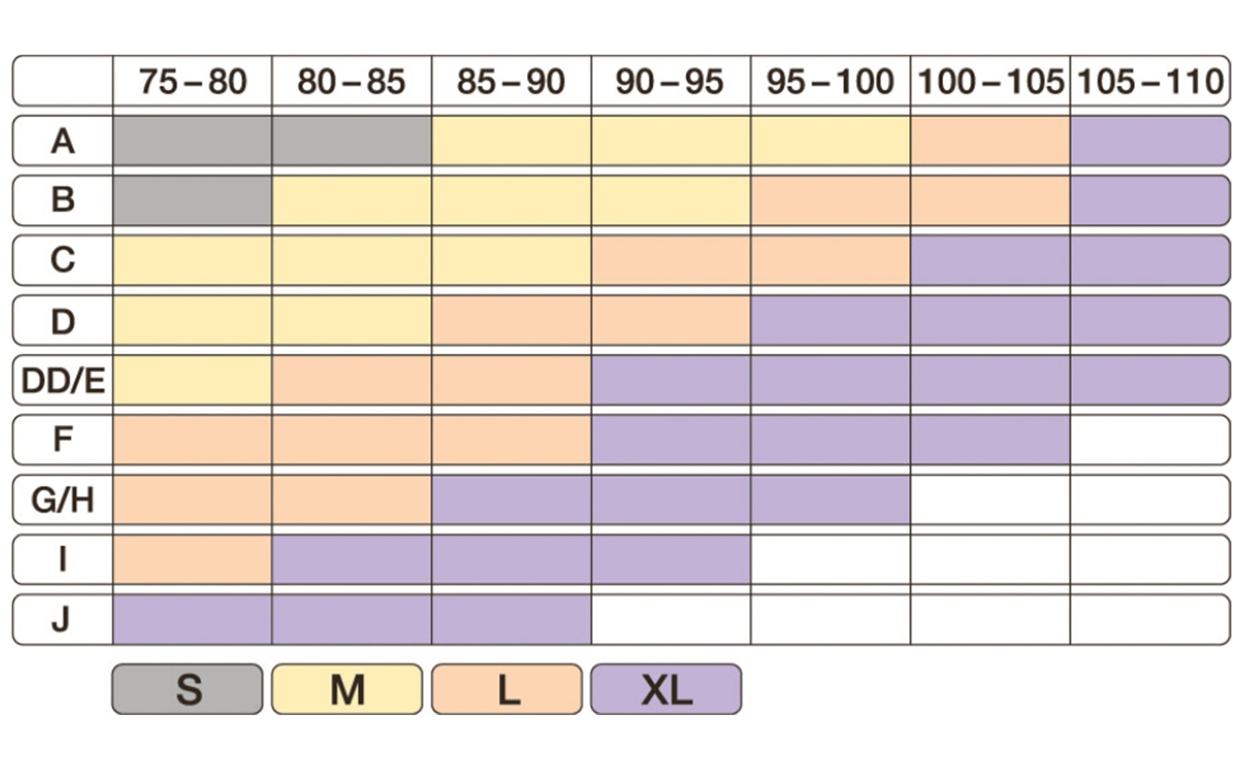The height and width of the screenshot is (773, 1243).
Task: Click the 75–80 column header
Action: (x=192, y=81)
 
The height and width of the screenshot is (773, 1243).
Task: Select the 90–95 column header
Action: (x=670, y=81)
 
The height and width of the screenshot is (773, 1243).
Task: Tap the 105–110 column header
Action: (x=1150, y=81)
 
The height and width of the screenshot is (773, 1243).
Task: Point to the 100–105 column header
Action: (x=990, y=81)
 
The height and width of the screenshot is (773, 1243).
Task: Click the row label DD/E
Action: (x=63, y=380)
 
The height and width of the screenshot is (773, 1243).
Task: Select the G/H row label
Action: (x=63, y=500)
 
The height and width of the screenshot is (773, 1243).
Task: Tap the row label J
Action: (x=63, y=619)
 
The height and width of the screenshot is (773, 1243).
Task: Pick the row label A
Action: (x=63, y=141)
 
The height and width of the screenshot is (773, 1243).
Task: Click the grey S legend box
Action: (x=187, y=688)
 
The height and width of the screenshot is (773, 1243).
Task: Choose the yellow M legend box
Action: (x=347, y=688)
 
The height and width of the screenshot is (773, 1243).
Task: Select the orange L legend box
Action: (x=507, y=688)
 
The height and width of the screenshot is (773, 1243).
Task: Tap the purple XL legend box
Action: (x=666, y=688)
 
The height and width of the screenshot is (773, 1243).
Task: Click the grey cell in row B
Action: (x=192, y=200)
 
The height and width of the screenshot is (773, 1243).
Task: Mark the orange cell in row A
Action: (x=990, y=141)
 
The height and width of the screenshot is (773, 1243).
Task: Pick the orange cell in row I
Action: (x=192, y=559)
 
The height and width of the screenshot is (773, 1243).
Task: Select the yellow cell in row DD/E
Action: (x=192, y=380)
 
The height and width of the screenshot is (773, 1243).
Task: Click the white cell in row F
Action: (x=1150, y=440)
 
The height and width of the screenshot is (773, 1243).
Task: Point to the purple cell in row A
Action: (x=1150, y=141)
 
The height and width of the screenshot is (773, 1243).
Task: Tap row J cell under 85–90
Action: (x=511, y=619)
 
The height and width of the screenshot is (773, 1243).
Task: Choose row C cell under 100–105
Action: (x=990, y=260)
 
